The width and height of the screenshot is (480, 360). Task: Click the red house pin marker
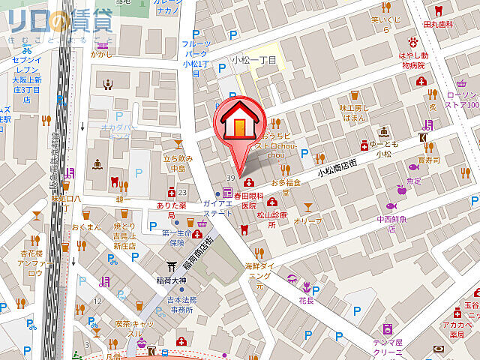coord(238,124)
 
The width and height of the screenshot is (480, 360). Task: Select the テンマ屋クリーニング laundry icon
coord(388,328)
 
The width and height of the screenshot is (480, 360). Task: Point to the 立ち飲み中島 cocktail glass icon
coord(178,142)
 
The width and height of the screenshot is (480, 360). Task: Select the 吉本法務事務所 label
coord(182,304)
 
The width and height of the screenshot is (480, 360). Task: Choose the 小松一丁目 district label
coord(253,59)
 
